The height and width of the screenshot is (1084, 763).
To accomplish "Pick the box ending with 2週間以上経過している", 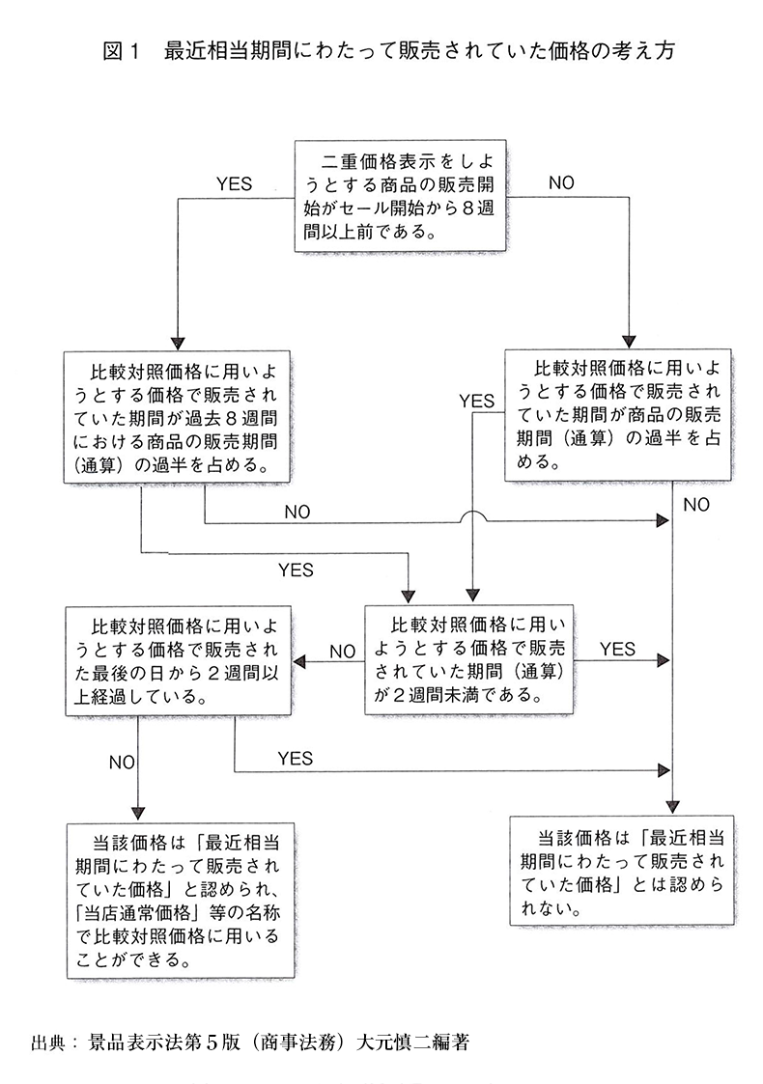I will click(178, 660).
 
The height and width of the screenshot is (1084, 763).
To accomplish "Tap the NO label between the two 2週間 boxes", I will click(343, 652).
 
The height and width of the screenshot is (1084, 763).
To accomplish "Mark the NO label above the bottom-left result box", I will click(122, 762).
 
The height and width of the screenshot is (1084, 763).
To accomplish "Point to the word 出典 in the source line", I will click(48, 1043).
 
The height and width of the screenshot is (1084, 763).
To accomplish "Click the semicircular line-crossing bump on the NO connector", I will click(472, 517).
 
